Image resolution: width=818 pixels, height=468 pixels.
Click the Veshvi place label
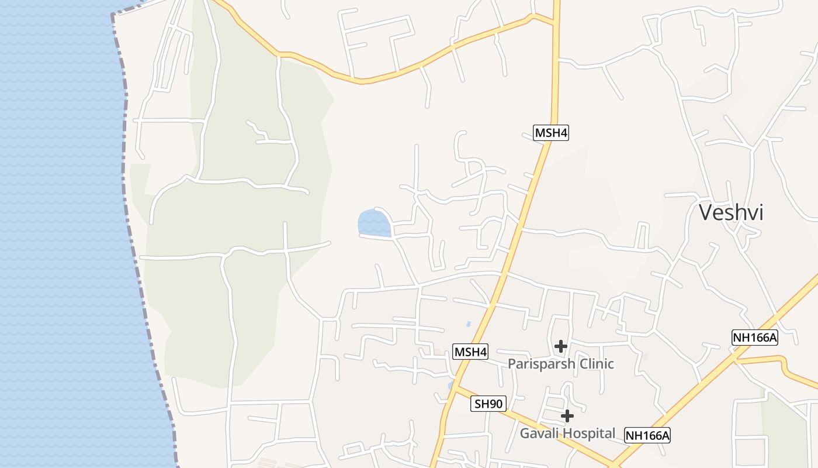pos(731,212)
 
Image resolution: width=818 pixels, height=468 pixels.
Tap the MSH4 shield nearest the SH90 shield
pos(470,352)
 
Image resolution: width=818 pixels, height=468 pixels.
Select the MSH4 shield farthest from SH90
pos(551,133)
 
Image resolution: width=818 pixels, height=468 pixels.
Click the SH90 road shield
pos(488,404)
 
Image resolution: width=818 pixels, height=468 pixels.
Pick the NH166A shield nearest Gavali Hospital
pos(647,435)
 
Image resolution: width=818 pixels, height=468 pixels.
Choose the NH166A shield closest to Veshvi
pos(755,337)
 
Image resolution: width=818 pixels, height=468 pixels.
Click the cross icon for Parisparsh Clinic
pos(561,346)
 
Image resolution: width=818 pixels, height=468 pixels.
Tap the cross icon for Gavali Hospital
pos(567,416)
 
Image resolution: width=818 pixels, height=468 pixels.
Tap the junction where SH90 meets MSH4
pos(456,387)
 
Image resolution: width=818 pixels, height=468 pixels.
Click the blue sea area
pos(58,234)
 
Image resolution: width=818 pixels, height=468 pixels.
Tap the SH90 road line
pos(526,419)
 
